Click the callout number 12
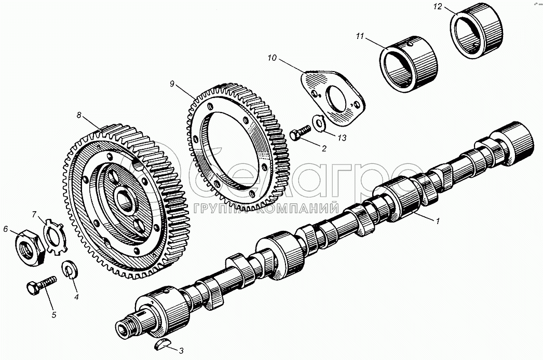[438, 7]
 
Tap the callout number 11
[360, 36]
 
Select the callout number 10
[272, 58]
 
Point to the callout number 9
[172, 84]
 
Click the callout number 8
[79, 115]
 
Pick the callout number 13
[342, 138]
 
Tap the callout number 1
[438, 220]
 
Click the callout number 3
[181, 350]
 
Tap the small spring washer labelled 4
[70, 270]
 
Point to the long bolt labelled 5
[41, 285]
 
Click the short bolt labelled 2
[300, 133]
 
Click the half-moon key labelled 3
[162, 344]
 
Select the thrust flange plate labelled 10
[333, 98]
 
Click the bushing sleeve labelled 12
[477, 31]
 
